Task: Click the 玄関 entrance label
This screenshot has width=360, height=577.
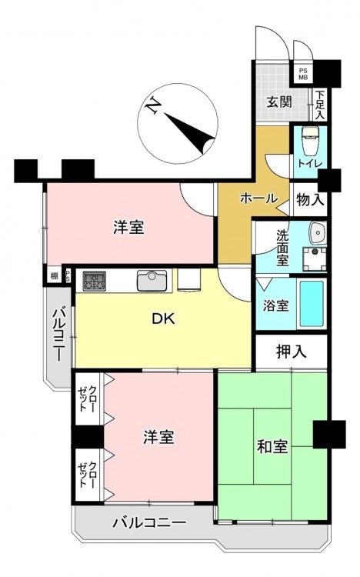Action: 279,102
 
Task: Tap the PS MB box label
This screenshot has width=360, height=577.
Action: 303,75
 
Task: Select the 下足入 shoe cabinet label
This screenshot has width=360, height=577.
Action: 320,105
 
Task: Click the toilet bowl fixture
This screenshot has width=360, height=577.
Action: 310,141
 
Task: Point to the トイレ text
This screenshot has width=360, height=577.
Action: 310,163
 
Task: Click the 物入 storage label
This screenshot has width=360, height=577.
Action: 310,200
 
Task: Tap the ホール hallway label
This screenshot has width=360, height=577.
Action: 258,198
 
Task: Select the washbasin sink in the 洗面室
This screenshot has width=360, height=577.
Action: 318,233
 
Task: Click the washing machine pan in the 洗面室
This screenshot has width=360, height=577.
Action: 315,258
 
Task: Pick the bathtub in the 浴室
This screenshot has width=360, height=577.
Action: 312,304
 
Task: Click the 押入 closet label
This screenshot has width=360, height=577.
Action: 292,352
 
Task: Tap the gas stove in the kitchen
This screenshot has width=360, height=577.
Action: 95,281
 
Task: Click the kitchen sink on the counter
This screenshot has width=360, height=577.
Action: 152,281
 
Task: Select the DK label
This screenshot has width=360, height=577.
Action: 164,319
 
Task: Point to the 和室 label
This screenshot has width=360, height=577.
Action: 272,446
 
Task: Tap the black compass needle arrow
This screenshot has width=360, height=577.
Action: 189,134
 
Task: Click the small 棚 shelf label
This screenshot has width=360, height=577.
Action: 55,276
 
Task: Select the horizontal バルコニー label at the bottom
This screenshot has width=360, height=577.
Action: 149,522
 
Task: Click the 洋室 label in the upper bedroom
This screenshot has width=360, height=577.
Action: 128,228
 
